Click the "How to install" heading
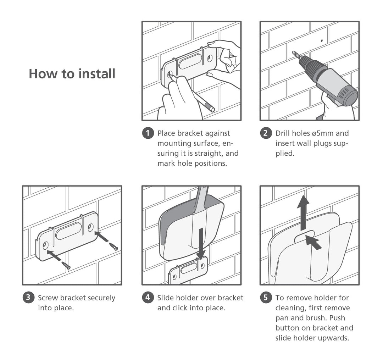click(x=72, y=73)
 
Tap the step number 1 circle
click(x=148, y=133)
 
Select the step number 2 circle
click(x=266, y=133)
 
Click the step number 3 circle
click(x=28, y=298)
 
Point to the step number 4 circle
click(x=148, y=298)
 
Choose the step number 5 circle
click(x=266, y=298)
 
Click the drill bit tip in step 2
click(x=293, y=52)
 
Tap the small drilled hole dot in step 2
click(x=322, y=40)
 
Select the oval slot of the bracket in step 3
click(x=69, y=231)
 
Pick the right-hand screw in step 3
click(x=113, y=247)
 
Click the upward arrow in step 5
click(x=303, y=213)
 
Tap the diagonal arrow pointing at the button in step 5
click(x=313, y=242)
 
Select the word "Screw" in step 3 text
click(x=48, y=298)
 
